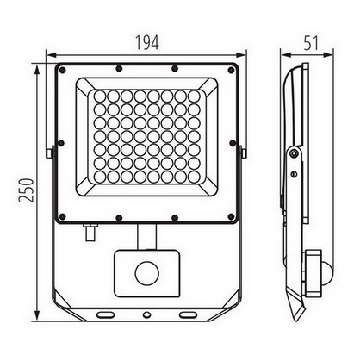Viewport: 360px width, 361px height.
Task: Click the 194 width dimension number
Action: [x=146, y=43]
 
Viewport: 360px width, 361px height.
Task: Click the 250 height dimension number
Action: [x=27, y=190]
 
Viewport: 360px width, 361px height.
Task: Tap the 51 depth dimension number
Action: [x=311, y=43]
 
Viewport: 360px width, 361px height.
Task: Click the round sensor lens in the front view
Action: [x=147, y=273]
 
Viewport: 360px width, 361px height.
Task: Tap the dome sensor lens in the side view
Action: [x=327, y=271]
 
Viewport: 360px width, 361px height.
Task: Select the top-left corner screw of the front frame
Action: [x=62, y=70]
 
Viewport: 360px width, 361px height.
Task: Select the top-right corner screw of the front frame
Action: [x=231, y=70]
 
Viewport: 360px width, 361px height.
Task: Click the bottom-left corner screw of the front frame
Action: [x=62, y=216]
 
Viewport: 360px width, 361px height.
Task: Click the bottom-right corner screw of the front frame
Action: [x=231, y=216]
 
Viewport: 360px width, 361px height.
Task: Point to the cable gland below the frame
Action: [x=90, y=233]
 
